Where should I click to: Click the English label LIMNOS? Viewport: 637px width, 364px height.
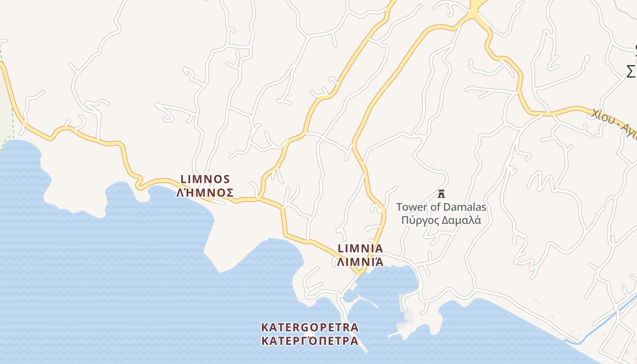point(205,179)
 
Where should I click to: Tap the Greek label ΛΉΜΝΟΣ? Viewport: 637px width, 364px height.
point(205,192)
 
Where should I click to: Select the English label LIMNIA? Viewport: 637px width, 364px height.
point(360,249)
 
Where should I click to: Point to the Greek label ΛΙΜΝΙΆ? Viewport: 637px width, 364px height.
point(359,262)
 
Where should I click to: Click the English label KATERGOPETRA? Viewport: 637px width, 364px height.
point(310,328)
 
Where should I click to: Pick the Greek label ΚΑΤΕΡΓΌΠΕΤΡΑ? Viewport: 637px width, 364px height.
point(310,341)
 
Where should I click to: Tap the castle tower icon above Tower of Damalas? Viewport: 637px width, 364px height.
point(441,194)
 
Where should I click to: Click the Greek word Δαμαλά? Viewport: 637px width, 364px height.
point(462,221)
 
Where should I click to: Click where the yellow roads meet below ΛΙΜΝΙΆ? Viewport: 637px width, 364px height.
point(360,273)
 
